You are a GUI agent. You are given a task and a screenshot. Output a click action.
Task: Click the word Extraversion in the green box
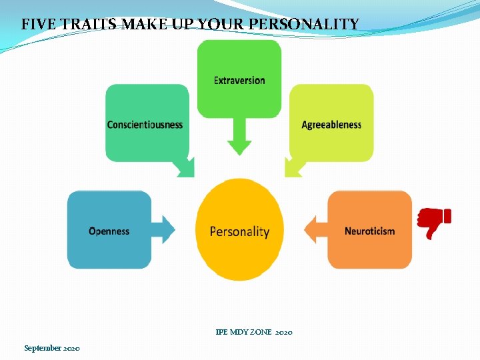(x=239, y=81)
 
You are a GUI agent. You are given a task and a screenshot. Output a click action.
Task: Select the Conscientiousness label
(x=145, y=125)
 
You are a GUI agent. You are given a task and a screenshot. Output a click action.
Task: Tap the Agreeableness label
(x=331, y=125)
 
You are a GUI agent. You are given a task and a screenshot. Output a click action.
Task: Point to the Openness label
(x=109, y=231)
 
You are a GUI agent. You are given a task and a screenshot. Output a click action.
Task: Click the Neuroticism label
(x=369, y=231)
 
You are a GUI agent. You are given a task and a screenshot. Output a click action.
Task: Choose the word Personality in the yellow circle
(x=239, y=232)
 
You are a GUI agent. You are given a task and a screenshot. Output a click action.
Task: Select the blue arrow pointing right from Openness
(x=163, y=229)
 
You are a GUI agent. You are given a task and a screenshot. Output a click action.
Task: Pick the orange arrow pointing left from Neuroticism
(x=315, y=229)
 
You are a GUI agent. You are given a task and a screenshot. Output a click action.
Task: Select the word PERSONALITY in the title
(x=315, y=25)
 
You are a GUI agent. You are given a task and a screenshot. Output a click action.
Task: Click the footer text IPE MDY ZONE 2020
(x=254, y=332)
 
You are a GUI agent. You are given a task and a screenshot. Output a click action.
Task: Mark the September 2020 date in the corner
(x=52, y=348)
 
